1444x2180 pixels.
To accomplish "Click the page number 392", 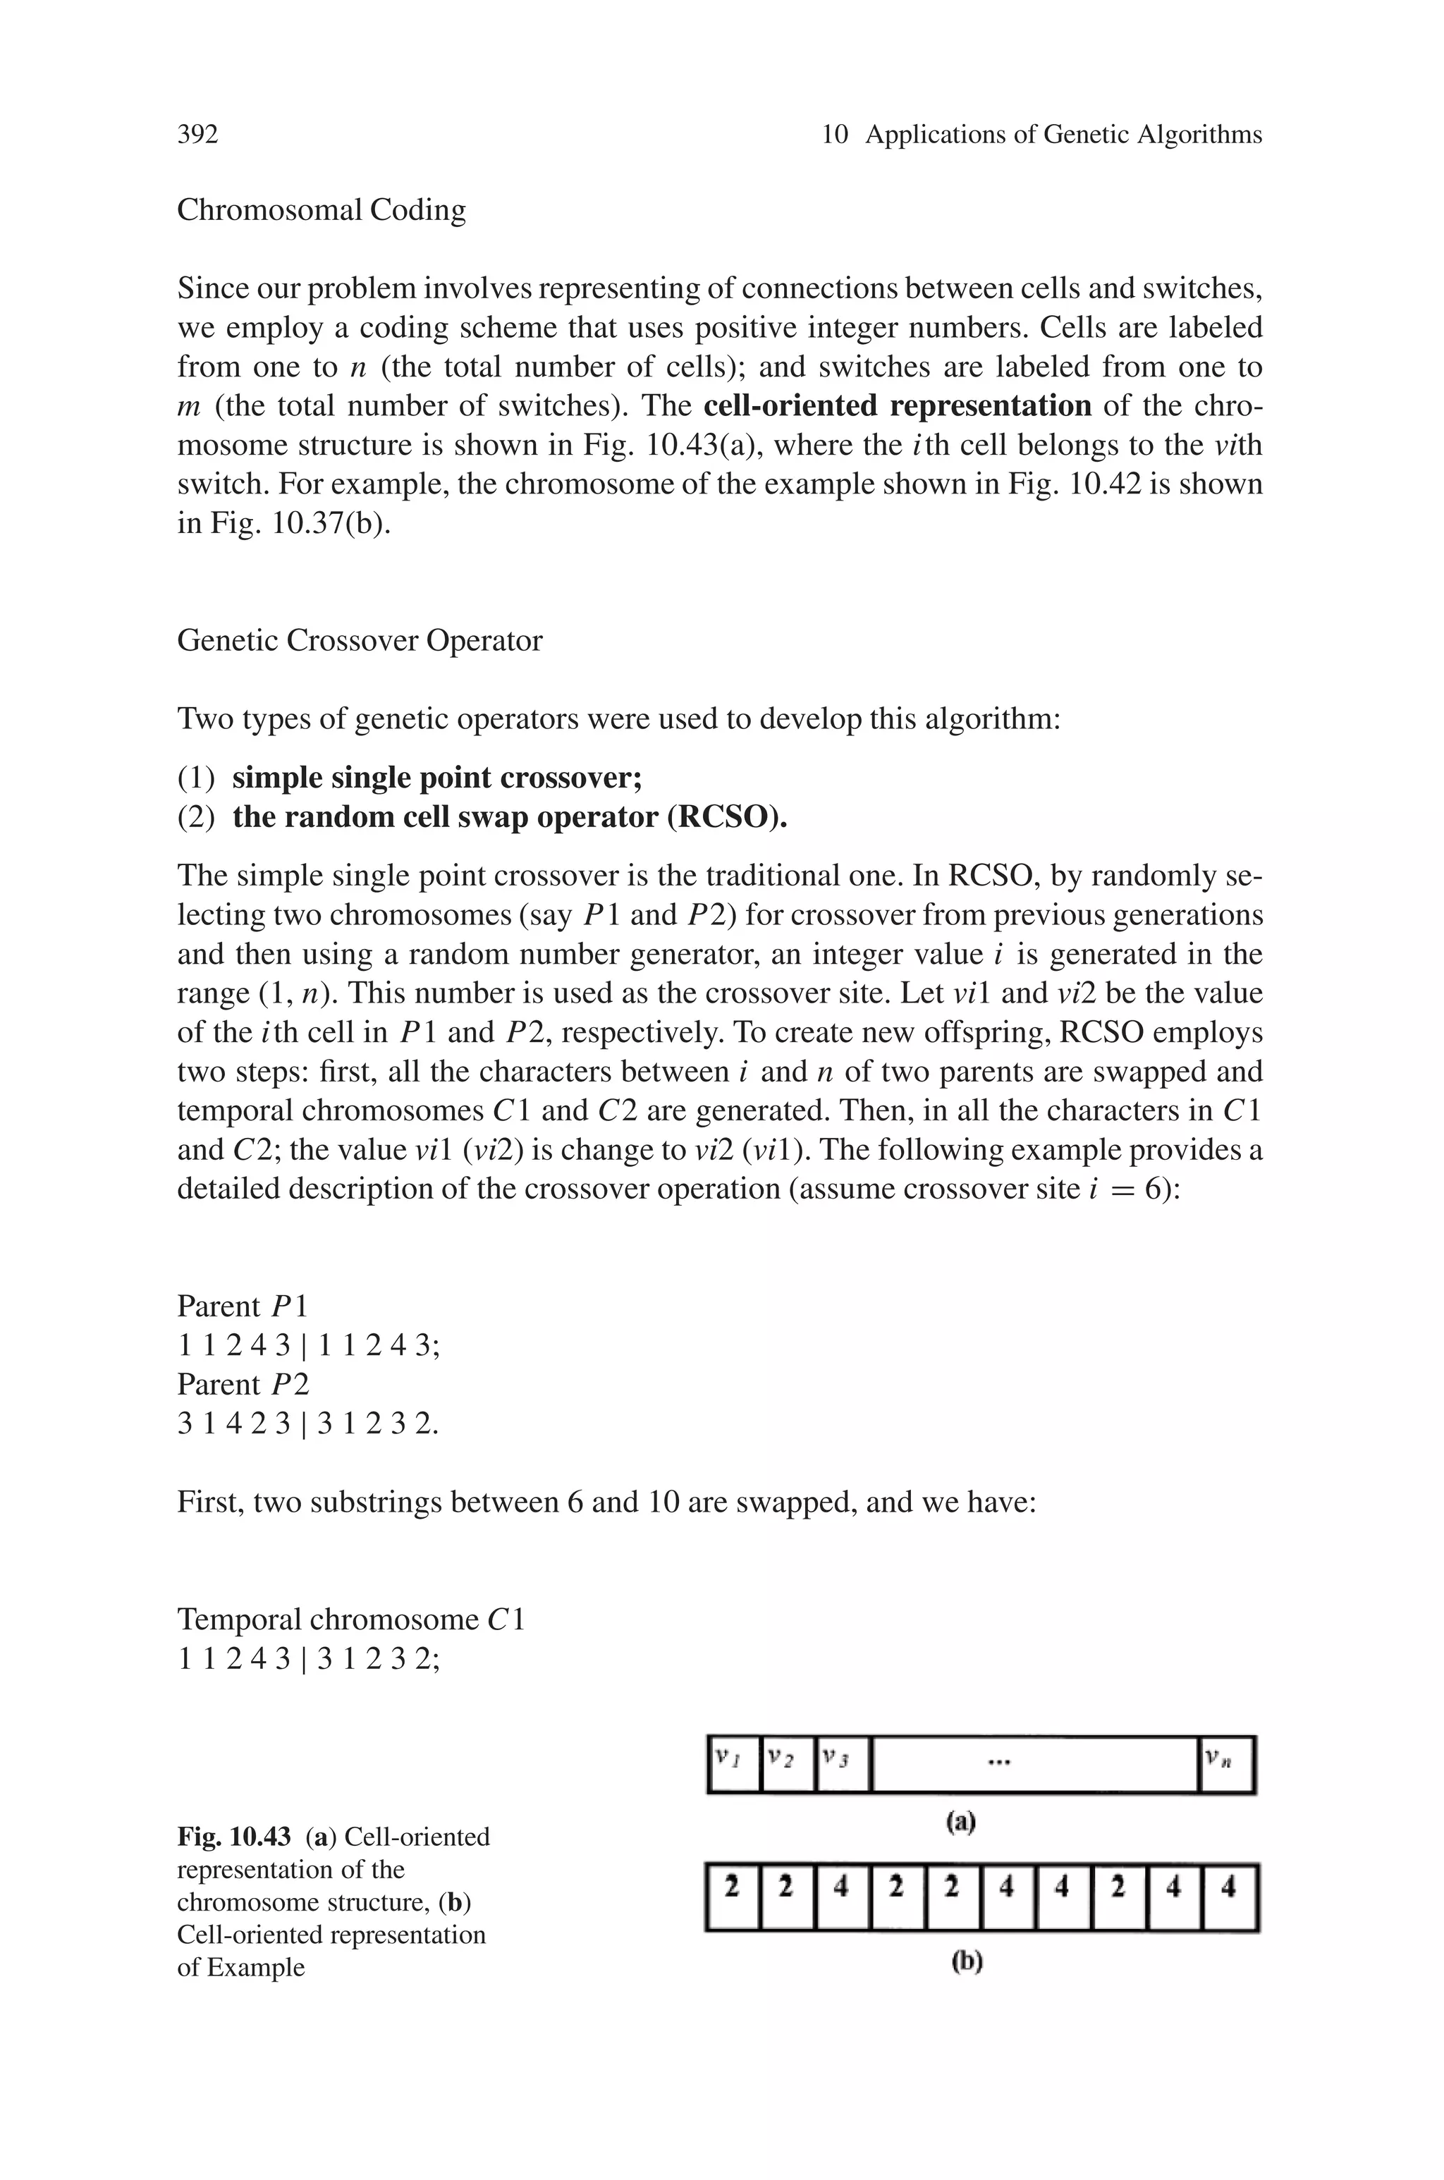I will (x=197, y=135).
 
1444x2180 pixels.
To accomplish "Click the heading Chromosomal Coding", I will (x=322, y=210).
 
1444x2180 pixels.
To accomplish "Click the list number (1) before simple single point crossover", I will (x=195, y=778).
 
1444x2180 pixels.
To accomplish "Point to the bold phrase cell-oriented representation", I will (x=897, y=406).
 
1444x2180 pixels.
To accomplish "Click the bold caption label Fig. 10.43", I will (x=235, y=1837).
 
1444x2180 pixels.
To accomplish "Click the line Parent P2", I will (x=243, y=1385).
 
